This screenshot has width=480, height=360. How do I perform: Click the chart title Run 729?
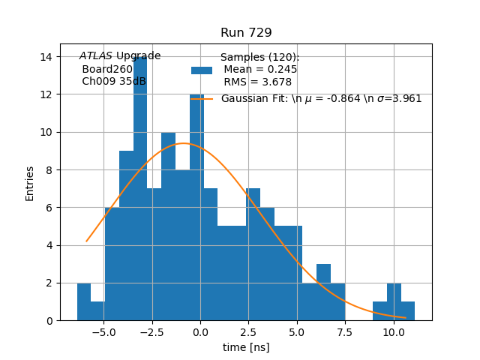[246, 33]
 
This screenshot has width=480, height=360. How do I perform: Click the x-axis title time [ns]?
[246, 347]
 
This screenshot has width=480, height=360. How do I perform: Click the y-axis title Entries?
[30, 183]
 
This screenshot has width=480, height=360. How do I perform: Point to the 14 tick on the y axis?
[46, 57]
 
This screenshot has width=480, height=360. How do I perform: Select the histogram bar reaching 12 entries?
[196, 210]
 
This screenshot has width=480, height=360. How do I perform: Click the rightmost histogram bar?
[407, 310]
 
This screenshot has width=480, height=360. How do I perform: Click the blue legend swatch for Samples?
[202, 70]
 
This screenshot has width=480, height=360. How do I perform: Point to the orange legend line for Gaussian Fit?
[202, 99]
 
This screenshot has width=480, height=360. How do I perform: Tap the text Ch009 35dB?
[114, 82]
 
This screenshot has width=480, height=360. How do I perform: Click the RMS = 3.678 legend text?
[258, 82]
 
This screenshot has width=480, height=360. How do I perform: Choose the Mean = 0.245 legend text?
[260, 70]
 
